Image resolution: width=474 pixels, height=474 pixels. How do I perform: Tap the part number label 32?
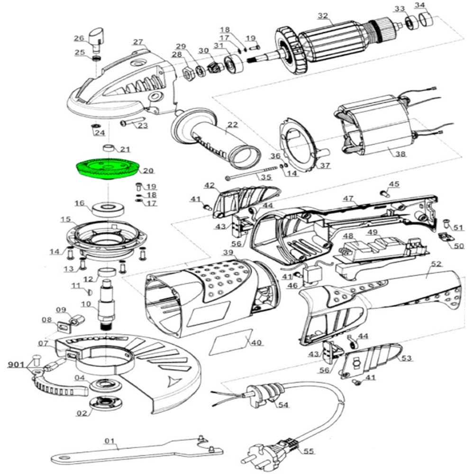(x=323, y=16)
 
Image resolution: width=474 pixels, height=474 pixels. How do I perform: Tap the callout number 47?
(x=348, y=198)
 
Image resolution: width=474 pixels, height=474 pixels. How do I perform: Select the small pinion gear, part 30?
(x=215, y=65)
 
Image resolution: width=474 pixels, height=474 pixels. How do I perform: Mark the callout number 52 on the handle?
(x=436, y=264)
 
